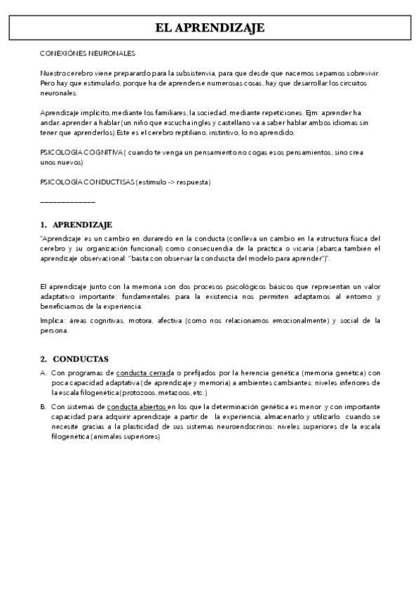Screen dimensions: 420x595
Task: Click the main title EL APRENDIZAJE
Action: tap(210, 28)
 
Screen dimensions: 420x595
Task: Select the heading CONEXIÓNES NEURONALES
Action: tap(88, 53)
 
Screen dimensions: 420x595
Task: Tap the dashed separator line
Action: tap(67, 202)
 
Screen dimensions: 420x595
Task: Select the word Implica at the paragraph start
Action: tap(52, 321)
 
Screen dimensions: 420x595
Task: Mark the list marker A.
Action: tap(43, 373)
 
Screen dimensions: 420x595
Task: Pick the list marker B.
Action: tap(43, 406)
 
